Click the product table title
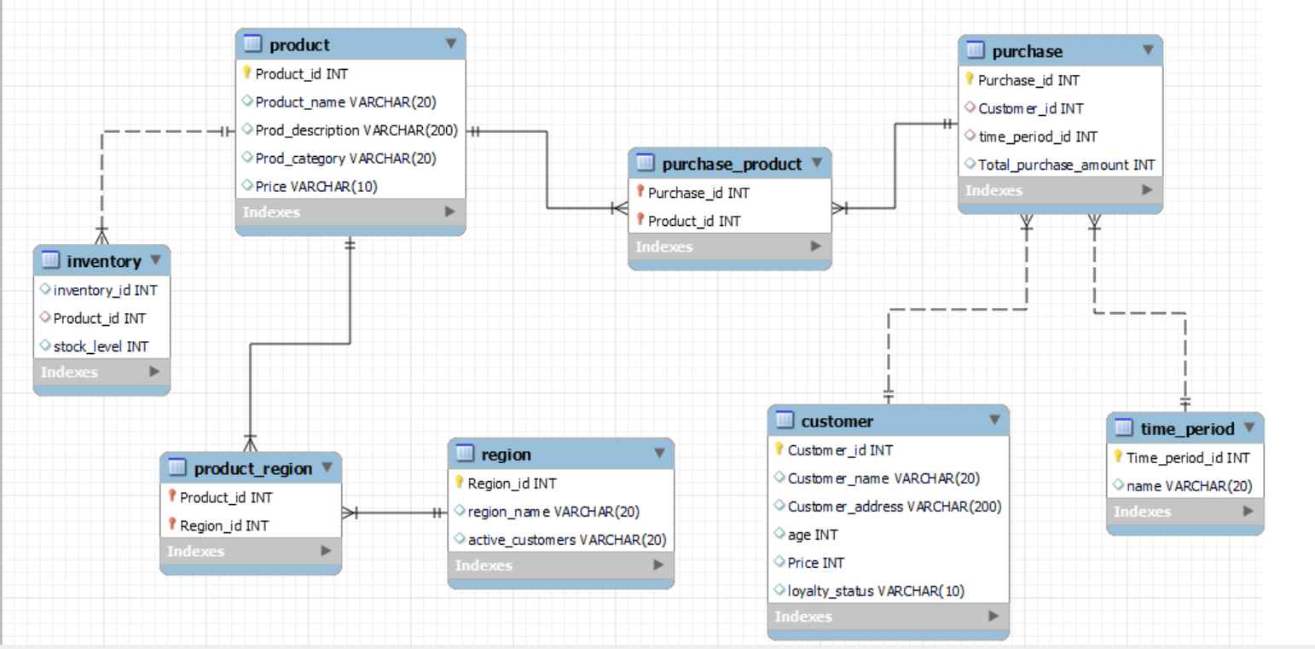coord(298,44)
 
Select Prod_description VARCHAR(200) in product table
coord(356,130)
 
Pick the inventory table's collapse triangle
coord(155,259)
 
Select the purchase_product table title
coord(732,164)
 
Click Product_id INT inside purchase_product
coord(694,221)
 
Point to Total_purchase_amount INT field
coord(1066,165)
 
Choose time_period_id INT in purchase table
coord(1037,136)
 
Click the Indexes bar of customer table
coord(887,616)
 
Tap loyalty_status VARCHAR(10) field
coord(876,591)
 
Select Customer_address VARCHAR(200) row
coord(894,507)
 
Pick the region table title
coord(506,455)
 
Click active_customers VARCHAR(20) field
coord(566,540)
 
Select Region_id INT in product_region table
coord(223,525)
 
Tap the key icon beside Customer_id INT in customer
coord(779,449)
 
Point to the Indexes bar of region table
coord(559,565)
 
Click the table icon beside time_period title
coord(1124,427)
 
